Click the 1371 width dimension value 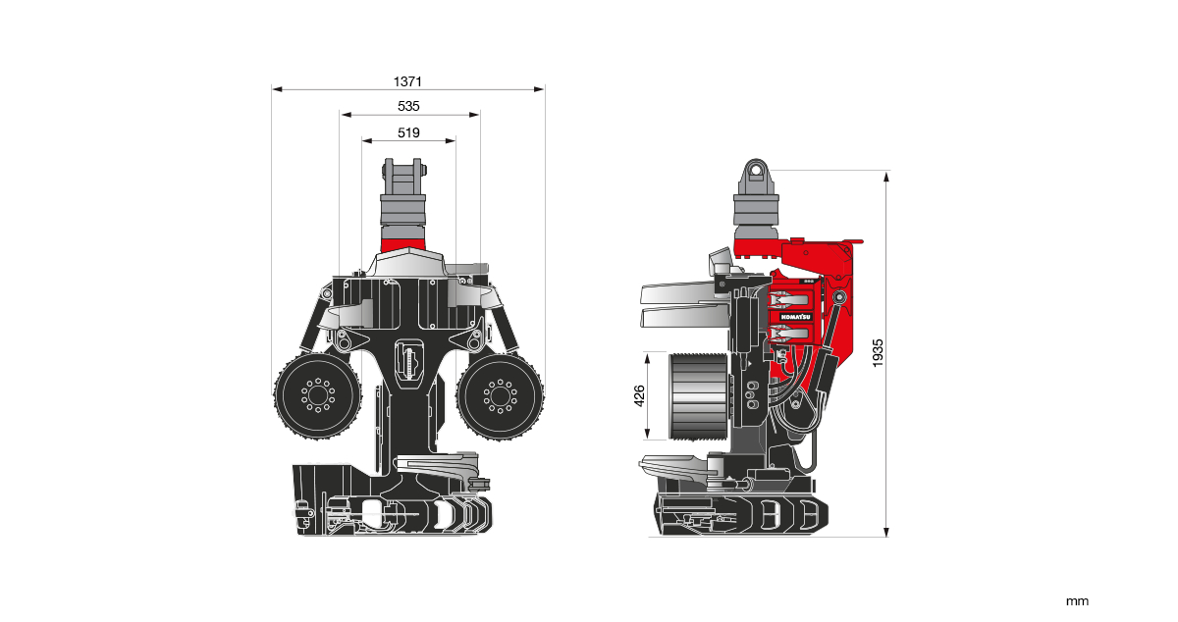point(408,80)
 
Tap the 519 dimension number point(408,132)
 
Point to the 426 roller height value point(638,395)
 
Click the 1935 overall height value point(878,353)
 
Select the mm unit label point(1077,600)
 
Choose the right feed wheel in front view point(500,396)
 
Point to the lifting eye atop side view point(756,172)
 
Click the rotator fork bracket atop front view point(403,178)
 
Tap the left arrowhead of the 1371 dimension point(276,89)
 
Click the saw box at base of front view point(393,510)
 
